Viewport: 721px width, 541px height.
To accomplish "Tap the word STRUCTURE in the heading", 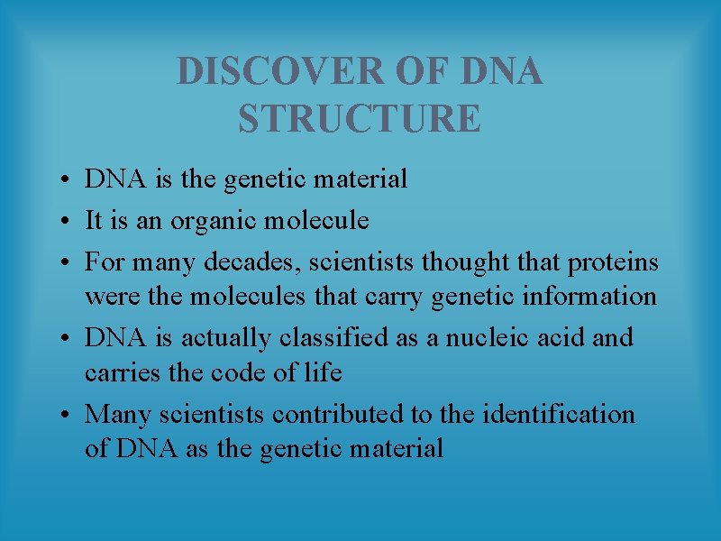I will [x=360, y=119].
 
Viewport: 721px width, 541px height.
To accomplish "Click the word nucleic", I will [x=486, y=337].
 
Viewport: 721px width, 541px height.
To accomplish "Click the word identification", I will [x=559, y=414].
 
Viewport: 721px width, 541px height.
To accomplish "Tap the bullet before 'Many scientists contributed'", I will [x=68, y=416].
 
